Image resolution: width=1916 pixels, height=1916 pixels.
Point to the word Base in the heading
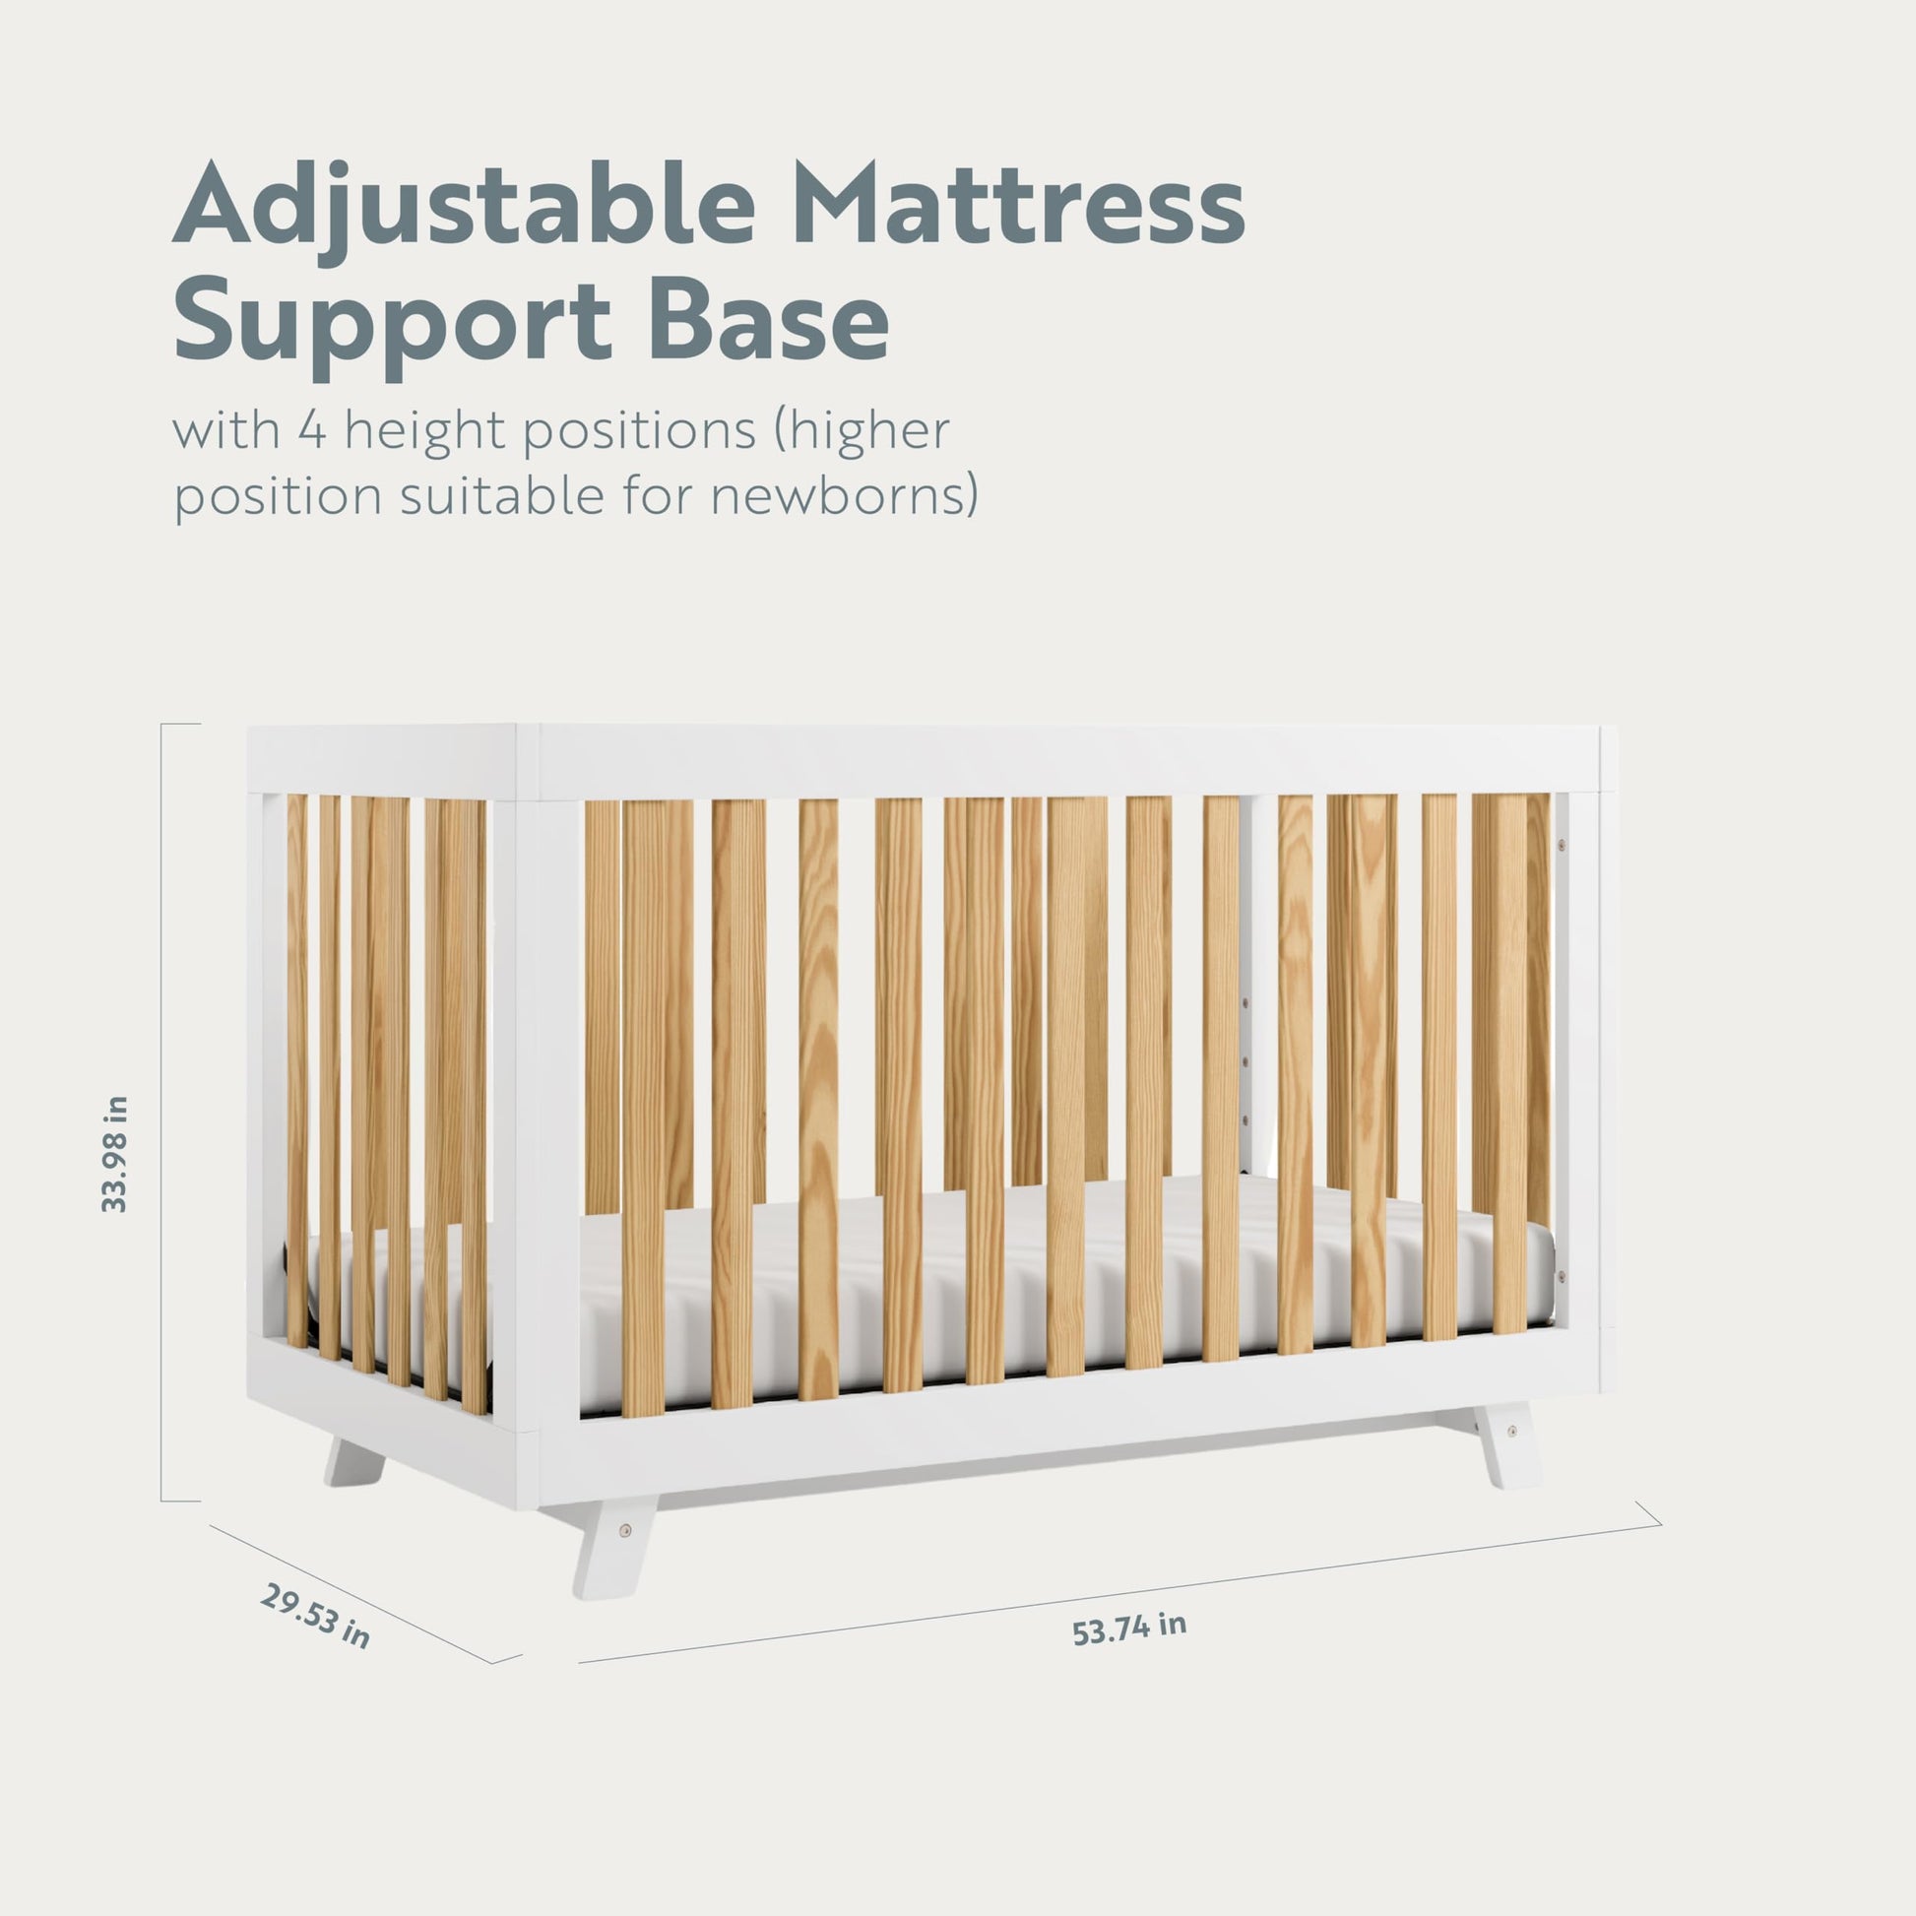pos(769,319)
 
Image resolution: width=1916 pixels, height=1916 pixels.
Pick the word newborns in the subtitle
pos(836,496)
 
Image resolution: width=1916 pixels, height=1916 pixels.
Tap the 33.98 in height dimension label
pos(115,1154)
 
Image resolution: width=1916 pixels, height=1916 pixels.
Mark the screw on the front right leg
pos(1511,1432)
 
